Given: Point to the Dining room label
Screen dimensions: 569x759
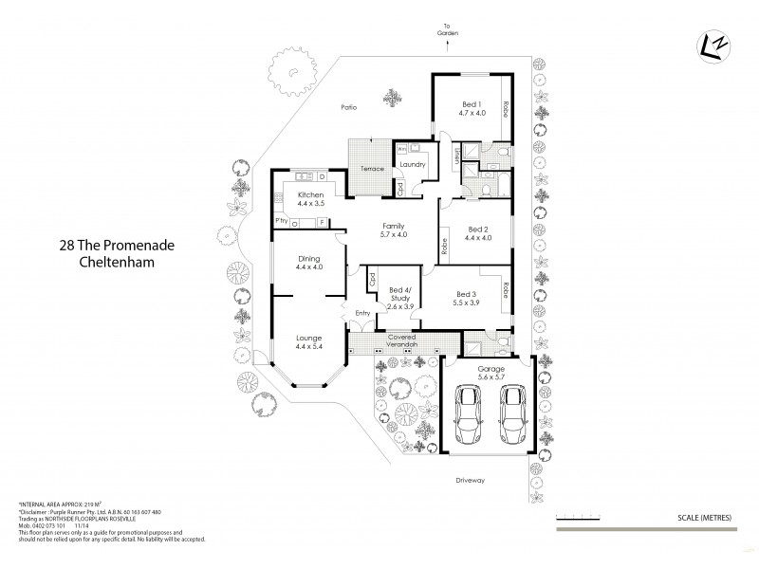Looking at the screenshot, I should [x=309, y=263].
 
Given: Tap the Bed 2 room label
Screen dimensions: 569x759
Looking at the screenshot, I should [x=477, y=233].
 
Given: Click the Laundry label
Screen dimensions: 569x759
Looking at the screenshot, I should [x=412, y=165].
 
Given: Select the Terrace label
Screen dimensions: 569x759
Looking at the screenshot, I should [x=372, y=169].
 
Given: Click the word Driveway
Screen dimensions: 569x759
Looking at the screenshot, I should [x=470, y=481].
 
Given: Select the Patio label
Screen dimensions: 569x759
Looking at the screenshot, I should [x=348, y=107].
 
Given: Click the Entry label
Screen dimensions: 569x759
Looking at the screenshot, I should [x=362, y=314].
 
